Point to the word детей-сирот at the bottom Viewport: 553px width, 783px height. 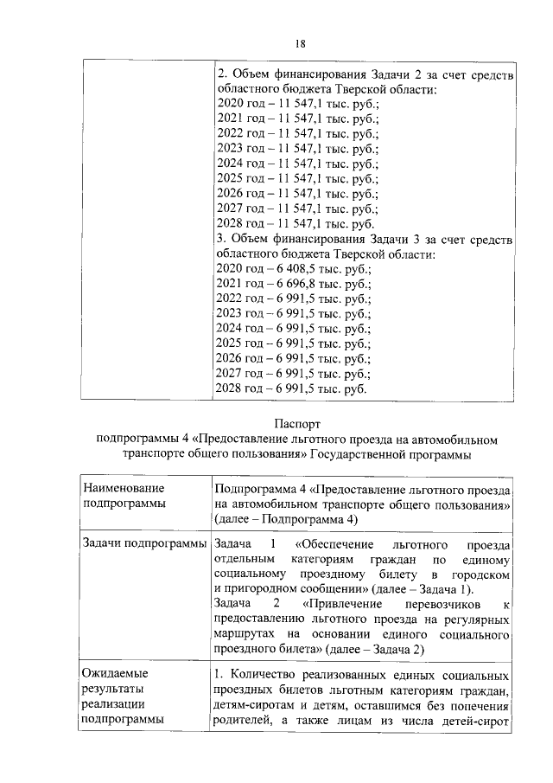coord(474,724)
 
